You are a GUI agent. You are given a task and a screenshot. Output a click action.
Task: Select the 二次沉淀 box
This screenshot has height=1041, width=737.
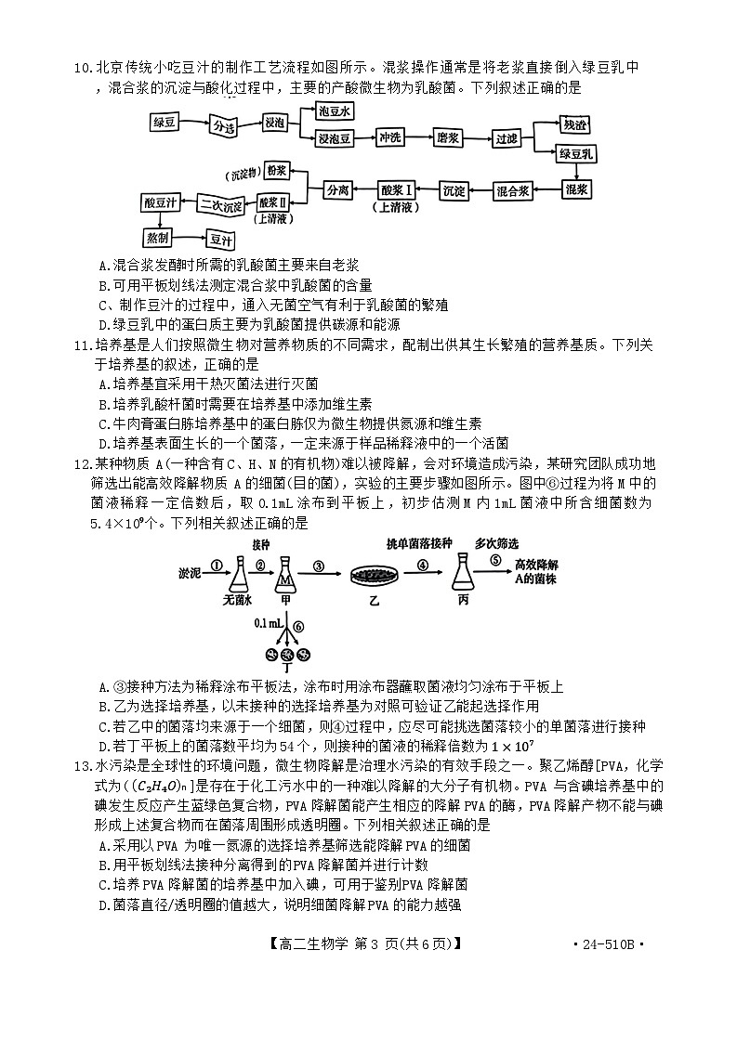221,203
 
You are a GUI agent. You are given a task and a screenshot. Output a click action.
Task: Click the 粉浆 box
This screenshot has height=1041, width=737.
276,172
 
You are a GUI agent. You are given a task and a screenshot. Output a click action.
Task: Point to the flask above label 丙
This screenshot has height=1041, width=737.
462,578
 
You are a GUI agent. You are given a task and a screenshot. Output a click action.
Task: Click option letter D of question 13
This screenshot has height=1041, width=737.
103,905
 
